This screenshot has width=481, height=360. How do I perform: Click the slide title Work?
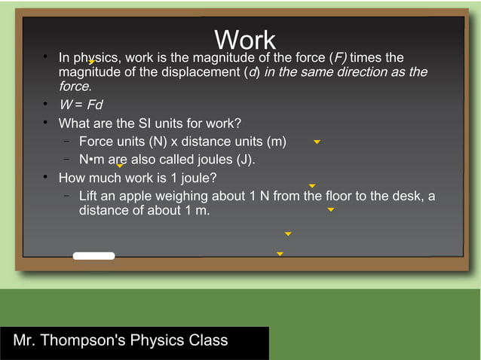tap(245, 41)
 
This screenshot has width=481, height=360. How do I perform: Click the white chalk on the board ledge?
tap(93, 256)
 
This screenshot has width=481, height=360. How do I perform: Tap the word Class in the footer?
tap(209, 340)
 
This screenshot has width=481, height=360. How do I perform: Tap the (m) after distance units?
tap(273, 142)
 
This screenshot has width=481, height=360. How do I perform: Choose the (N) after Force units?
tap(155, 142)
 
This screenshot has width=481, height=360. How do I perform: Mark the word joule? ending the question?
tap(198, 178)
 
